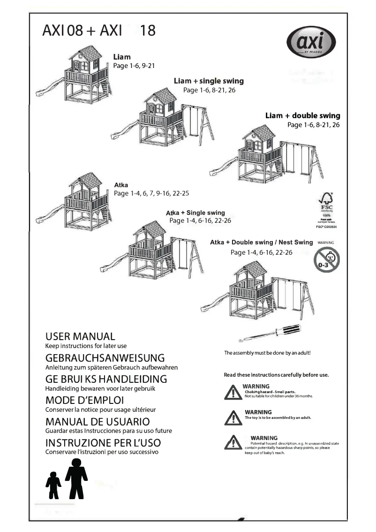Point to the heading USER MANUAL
coord(80,336)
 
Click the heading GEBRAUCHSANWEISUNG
coord(105,358)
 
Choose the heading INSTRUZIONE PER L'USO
coord(103,443)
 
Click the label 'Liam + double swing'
coord(302,115)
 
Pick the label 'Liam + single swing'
coord(209,81)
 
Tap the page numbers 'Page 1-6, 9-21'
coord(134,66)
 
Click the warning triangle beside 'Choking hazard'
coord(233,392)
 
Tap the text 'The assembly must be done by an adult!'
coord(268,352)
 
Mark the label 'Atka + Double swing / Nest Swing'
coord(261,243)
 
